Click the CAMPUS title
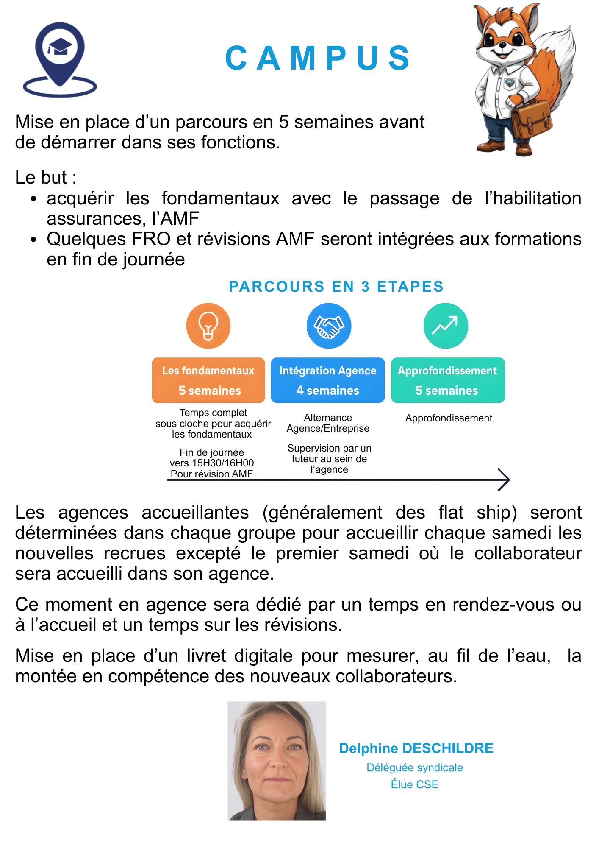(x=318, y=58)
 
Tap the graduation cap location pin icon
(x=60, y=57)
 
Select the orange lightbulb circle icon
(x=208, y=326)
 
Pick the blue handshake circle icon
(x=329, y=326)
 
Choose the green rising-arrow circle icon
(x=446, y=326)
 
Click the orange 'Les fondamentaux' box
(x=208, y=380)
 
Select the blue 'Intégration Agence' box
(x=328, y=380)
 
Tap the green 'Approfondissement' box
(x=448, y=380)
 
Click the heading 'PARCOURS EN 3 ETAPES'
(x=336, y=287)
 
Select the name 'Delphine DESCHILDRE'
(x=416, y=748)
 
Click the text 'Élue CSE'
(x=414, y=784)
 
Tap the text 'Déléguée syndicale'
(x=414, y=767)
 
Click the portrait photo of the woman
(x=277, y=761)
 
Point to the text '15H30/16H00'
(x=223, y=463)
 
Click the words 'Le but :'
(x=46, y=177)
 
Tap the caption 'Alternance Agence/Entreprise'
(x=328, y=423)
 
